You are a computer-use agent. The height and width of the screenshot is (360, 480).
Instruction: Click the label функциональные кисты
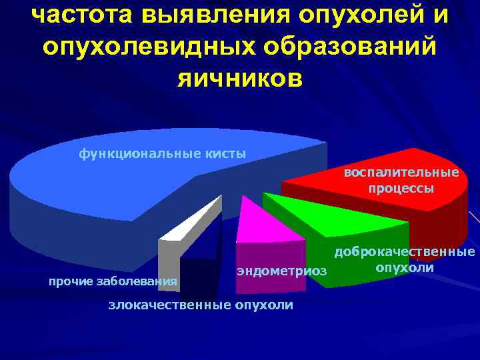163,154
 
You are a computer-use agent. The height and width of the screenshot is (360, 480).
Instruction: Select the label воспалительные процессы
401,180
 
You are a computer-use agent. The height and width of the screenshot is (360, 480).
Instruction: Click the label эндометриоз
283,271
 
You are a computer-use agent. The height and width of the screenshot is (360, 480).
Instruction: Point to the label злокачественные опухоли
201,305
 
